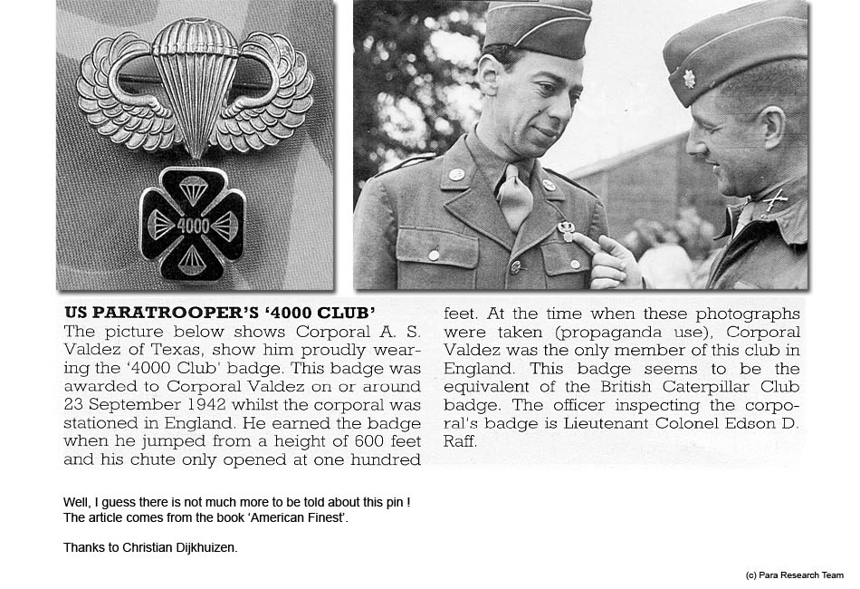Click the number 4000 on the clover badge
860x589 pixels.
pyautogui.click(x=192, y=225)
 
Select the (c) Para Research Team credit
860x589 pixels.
pyautogui.click(x=794, y=575)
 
